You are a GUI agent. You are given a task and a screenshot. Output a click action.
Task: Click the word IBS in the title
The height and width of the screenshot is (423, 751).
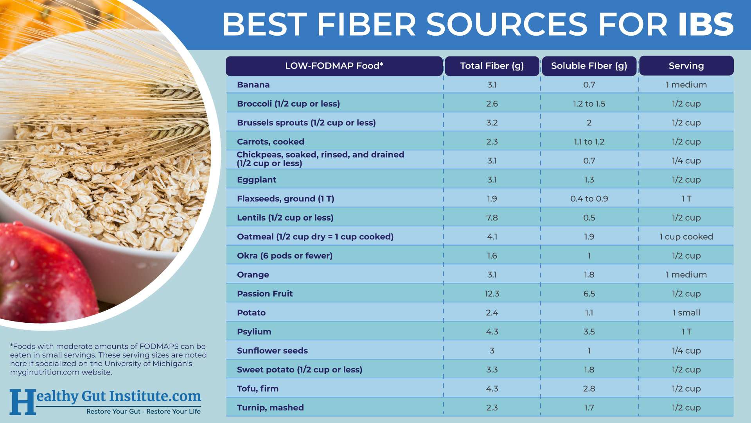[706, 24]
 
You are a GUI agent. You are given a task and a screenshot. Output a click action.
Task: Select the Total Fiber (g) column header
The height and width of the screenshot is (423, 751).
[492, 66]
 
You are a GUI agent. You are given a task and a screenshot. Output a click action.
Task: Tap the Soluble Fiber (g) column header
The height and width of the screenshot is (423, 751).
[589, 66]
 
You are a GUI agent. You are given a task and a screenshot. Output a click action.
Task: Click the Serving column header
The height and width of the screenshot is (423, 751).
[686, 66]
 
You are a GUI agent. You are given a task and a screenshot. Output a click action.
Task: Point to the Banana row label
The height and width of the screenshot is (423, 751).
[253, 85]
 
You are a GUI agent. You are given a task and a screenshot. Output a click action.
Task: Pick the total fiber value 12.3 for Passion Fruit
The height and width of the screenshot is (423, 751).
[492, 293]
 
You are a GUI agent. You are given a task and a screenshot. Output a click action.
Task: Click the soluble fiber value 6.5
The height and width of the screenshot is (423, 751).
[589, 293]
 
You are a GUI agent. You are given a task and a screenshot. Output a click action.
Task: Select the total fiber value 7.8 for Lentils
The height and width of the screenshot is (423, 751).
[492, 217]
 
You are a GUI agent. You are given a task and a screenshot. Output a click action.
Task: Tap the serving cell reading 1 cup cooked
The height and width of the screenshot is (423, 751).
[686, 237]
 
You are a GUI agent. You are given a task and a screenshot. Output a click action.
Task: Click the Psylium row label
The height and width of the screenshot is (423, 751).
[254, 331]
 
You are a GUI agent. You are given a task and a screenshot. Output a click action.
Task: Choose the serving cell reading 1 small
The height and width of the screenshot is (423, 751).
[686, 313]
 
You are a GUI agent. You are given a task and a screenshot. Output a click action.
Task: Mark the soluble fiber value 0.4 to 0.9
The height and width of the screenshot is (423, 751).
[589, 199]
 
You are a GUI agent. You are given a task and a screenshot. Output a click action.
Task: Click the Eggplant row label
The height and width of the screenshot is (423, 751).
[256, 179]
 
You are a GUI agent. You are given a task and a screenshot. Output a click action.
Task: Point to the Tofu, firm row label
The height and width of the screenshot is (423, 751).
[257, 389]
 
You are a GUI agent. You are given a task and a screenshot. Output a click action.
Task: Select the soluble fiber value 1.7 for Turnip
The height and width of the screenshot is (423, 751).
[589, 407]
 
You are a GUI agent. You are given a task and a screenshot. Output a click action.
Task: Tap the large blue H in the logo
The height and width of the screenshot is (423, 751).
[22, 401]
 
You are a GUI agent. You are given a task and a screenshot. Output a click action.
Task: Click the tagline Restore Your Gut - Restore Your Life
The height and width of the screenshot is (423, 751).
[143, 411]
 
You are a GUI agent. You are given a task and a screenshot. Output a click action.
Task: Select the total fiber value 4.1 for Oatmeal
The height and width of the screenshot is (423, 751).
[492, 237]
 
